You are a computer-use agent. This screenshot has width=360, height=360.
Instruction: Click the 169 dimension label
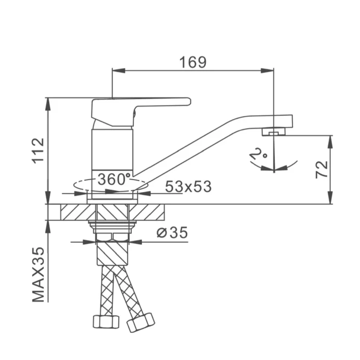tap(193, 62)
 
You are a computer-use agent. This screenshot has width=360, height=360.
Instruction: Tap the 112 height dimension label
tap(38, 151)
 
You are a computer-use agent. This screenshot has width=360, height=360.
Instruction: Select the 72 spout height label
tap(321, 169)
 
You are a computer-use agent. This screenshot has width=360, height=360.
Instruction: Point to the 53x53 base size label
tap(188, 186)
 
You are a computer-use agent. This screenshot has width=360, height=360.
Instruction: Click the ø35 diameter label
tap(172, 232)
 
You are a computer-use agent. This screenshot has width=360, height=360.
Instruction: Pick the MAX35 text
tap(38, 275)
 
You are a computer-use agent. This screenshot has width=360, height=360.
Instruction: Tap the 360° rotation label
tap(114, 179)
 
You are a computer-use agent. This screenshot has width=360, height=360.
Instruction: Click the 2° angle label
tap(258, 154)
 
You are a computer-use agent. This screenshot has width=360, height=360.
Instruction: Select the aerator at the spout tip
tap(274, 132)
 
